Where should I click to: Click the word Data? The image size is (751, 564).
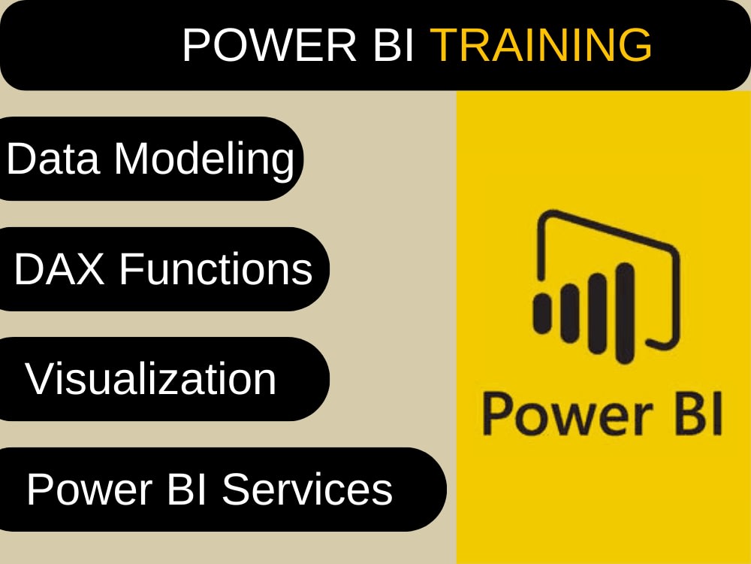[53, 159]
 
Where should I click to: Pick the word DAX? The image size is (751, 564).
[60, 268]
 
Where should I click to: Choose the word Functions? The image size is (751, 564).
[216, 268]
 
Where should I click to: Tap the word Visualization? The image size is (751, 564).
[151, 378]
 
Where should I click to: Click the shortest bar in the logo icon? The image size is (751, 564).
[543, 313]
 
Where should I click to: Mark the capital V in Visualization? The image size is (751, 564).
[39, 378]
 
